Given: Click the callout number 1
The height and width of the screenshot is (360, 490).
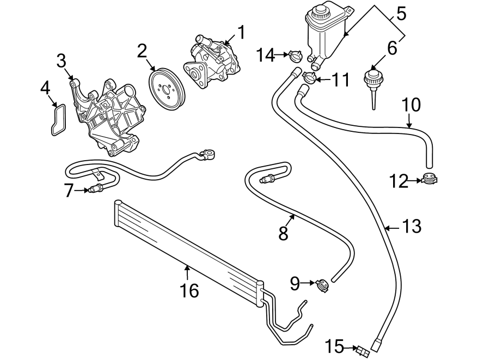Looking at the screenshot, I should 240,33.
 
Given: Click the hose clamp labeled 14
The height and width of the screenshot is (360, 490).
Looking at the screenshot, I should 296,54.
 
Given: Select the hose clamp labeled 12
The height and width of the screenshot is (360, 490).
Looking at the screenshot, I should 430,178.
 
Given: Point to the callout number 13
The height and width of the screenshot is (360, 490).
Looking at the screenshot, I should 412,226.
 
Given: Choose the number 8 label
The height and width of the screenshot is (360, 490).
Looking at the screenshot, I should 283,233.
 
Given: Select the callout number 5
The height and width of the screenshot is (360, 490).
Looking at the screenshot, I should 401,13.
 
